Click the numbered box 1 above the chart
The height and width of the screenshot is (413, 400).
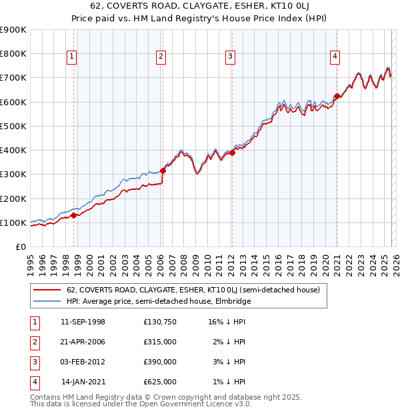71,57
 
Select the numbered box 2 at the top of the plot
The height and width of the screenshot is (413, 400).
161,57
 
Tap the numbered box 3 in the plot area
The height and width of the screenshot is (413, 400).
229,57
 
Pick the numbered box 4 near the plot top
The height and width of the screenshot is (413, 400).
334,57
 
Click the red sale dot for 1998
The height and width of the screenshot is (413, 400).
74,215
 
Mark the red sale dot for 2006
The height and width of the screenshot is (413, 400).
163,171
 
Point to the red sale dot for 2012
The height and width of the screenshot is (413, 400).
232,153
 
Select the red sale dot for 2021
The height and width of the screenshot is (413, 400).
337,96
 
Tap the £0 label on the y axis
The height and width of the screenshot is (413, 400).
21,246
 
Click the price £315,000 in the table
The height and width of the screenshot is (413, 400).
160,342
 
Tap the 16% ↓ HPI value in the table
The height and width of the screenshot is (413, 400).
227,322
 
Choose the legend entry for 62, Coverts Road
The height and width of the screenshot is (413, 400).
193,290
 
